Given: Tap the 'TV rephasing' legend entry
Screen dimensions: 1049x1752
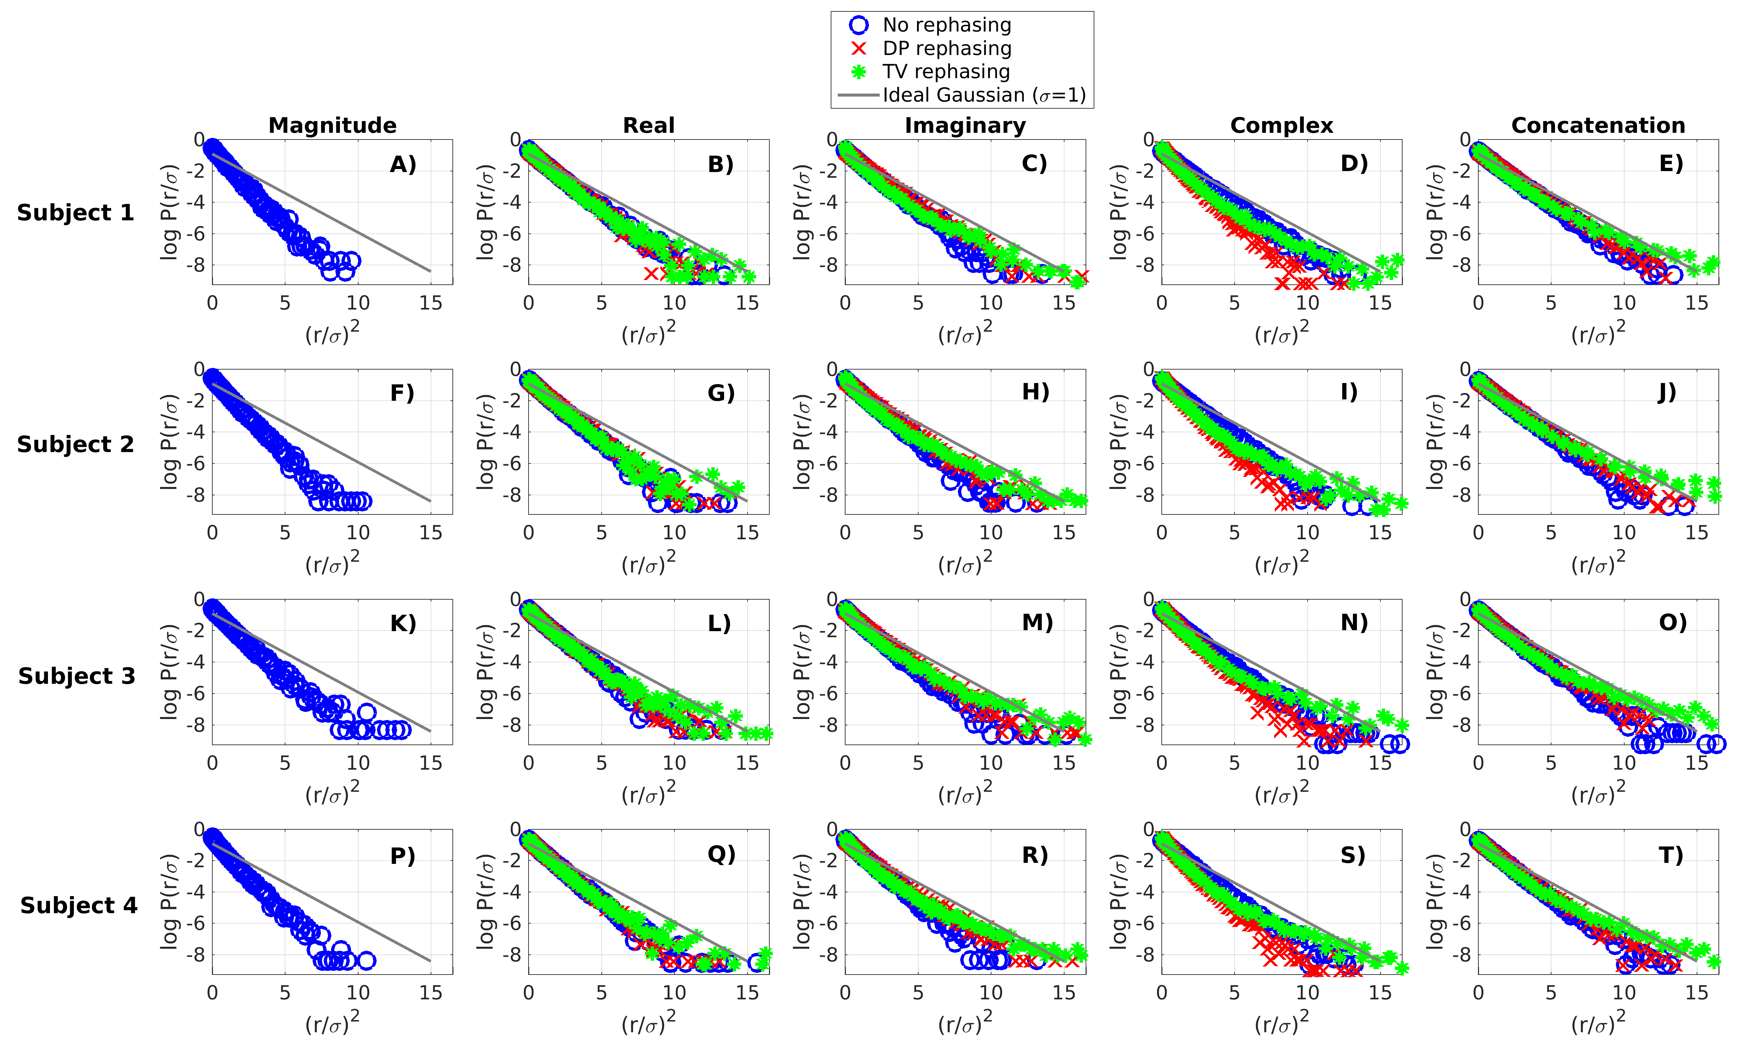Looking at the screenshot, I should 946,72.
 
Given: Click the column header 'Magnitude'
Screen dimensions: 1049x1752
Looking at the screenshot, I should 332,126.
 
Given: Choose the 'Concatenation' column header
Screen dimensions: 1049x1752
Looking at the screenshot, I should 1598,126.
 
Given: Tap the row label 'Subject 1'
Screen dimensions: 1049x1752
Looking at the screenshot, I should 75,213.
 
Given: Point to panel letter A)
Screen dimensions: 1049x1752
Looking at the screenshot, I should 403,165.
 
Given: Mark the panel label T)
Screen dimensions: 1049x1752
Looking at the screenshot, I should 1671,856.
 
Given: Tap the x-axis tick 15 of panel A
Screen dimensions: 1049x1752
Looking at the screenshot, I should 430,303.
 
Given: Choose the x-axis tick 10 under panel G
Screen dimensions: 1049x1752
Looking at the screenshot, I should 674,533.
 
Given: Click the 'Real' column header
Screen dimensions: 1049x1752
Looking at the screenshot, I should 649,126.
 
